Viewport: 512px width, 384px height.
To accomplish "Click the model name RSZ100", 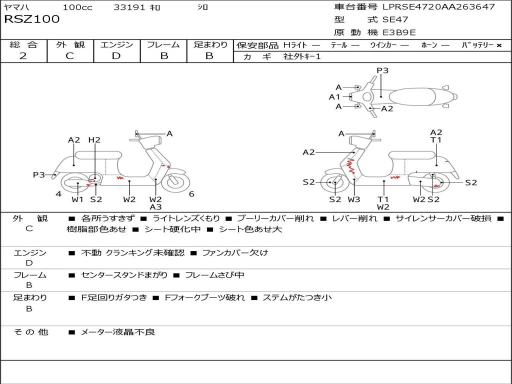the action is tap(31, 19).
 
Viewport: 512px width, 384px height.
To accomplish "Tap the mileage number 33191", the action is tap(129, 7).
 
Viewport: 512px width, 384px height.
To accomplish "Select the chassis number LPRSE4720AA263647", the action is tap(438, 7).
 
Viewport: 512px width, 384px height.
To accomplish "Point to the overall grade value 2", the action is tap(23, 56).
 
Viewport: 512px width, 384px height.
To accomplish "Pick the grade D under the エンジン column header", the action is tap(116, 56).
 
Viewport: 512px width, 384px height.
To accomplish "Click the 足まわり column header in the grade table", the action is tap(210, 44).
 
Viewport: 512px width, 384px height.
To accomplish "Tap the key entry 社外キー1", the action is tap(302, 56).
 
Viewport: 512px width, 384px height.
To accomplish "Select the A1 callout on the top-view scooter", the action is tap(334, 97).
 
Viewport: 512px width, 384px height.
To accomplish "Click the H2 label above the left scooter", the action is tap(94, 140).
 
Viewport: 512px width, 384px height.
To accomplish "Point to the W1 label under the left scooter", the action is tap(77, 199).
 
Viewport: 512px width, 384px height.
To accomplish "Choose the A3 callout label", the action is tap(155, 207).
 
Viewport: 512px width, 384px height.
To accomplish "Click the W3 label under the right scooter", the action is tap(354, 199).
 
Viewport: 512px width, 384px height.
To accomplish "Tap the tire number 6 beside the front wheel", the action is tap(191, 194).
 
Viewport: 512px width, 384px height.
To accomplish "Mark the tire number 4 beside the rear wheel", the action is tap(58, 194).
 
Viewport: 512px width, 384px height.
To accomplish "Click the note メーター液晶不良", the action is tap(117, 331).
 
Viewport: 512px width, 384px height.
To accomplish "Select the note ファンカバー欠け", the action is tap(234, 252).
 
